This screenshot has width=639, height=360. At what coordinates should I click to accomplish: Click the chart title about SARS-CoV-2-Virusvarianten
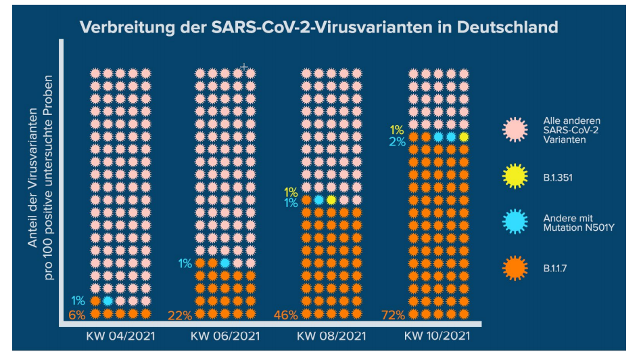coord(319,28)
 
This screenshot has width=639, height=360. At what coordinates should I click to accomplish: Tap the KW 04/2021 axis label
coord(120,336)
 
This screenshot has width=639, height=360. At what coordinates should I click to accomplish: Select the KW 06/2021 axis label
coord(224,336)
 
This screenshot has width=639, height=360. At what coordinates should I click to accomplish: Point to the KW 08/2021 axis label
coord(331,336)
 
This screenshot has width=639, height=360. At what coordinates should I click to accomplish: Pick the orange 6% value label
coord(77,314)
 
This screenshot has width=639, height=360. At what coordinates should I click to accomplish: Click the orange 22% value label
coord(180,315)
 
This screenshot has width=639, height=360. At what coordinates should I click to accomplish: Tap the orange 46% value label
coord(285,315)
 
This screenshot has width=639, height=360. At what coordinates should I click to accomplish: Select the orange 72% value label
coord(392,315)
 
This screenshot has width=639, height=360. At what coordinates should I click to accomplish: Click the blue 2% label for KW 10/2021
coord(397,141)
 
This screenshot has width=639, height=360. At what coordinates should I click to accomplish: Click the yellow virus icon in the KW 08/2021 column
coord(331,200)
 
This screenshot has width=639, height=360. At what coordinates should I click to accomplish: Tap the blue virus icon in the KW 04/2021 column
coord(108,300)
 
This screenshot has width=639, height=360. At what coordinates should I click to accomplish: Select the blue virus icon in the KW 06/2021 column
coord(224,263)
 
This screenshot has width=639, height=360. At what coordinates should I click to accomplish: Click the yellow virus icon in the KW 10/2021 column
coord(464,137)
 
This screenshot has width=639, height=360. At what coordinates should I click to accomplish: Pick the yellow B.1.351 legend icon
coord(515,177)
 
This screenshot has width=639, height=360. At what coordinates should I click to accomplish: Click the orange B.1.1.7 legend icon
coord(515,269)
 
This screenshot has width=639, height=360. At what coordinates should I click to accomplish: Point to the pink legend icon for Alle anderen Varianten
coord(515,130)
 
